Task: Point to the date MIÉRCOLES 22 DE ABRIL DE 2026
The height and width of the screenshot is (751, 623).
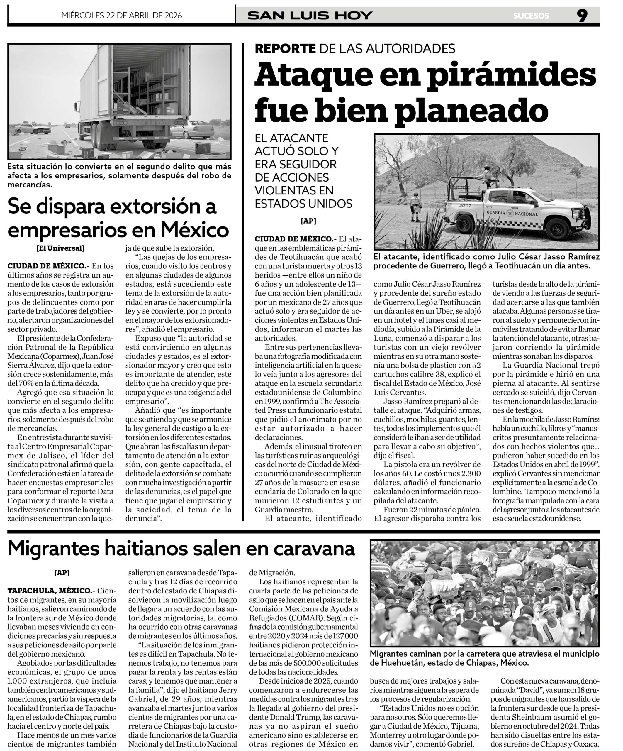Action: pos(122,15)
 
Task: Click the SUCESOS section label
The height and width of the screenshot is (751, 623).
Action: pos(531,16)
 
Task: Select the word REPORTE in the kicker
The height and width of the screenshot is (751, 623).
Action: pos(285,48)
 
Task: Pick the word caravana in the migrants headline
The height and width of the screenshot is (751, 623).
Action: pos(310,548)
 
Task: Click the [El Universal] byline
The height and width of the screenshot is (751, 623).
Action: pos(60,248)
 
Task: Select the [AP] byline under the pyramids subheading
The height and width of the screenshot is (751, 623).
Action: pos(308,221)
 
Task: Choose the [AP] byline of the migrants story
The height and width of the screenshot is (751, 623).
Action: pos(62,573)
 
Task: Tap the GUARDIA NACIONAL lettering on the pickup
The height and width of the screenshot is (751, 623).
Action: pos(512,214)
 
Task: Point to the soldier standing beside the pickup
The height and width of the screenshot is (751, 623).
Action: pos(416,207)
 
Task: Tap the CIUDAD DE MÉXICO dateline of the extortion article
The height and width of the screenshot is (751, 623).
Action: pos(46,266)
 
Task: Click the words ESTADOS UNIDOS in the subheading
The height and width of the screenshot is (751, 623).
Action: pos(303,204)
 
